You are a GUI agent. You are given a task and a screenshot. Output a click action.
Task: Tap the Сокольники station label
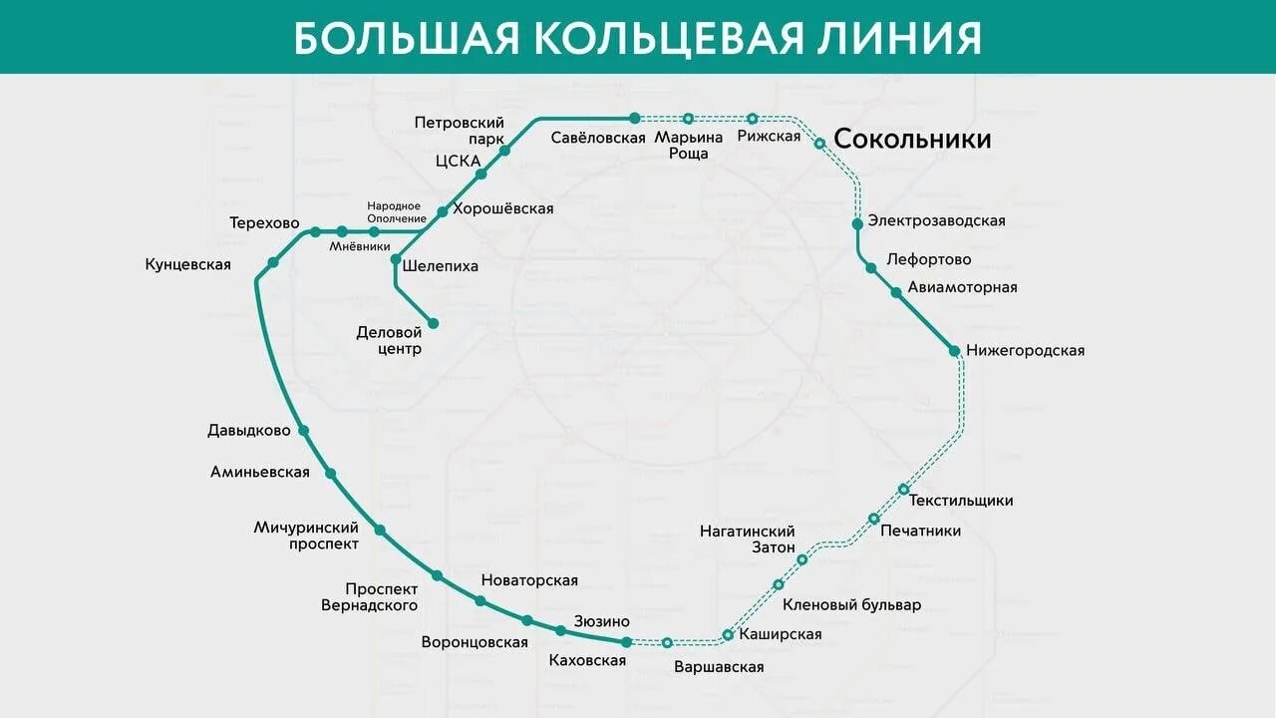click(912, 139)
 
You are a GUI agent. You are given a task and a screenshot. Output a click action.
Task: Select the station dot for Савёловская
click(635, 118)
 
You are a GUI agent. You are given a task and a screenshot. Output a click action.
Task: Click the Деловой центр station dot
click(434, 323)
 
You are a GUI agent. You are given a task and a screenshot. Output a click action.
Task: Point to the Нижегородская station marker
click(954, 350)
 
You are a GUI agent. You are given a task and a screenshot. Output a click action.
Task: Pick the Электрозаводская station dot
click(857, 223)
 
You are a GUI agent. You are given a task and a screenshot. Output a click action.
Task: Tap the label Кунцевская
click(187, 264)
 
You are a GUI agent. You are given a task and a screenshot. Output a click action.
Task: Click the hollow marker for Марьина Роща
click(688, 119)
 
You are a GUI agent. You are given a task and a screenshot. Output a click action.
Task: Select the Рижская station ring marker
click(753, 119)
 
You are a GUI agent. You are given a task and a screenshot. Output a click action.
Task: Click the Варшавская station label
click(719, 667)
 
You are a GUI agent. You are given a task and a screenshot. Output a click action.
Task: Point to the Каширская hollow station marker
click(728, 635)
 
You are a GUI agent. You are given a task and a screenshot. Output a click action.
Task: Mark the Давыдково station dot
click(304, 431)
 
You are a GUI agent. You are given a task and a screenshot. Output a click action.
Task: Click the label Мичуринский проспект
click(306, 536)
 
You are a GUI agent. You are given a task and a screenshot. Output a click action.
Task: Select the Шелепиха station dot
click(396, 259)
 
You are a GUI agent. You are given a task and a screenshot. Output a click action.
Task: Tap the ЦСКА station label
click(458, 161)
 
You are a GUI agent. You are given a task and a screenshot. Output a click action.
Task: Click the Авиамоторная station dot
click(896, 292)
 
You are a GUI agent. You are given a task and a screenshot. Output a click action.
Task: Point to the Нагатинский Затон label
click(748, 539)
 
